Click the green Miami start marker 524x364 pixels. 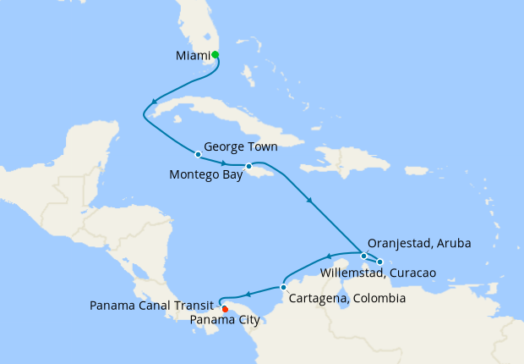(x=216, y=55)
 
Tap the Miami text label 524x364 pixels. (x=193, y=56)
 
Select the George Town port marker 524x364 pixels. (x=198, y=154)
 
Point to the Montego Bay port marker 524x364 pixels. (x=248, y=166)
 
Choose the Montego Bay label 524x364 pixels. (x=205, y=176)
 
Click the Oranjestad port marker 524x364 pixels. (x=363, y=256)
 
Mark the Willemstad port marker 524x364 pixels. (x=380, y=262)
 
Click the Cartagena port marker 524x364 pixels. (x=283, y=287)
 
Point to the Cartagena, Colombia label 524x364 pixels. (x=347, y=299)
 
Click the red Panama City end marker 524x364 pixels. (x=224, y=308)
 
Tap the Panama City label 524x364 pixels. (x=226, y=320)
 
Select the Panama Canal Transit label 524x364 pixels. (x=155, y=306)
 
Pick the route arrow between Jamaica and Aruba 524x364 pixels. (x=311, y=201)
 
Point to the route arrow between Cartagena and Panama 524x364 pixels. (x=249, y=294)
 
